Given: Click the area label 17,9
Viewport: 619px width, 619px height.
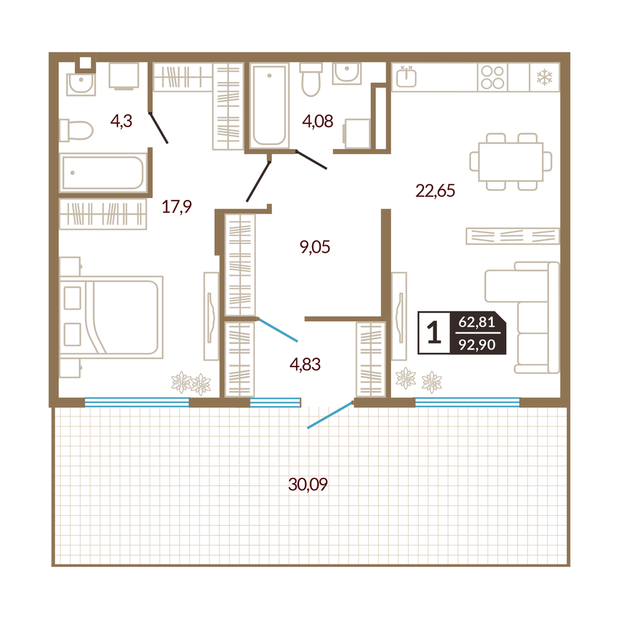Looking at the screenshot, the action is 176,207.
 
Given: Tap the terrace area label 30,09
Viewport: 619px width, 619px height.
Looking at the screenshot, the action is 308,484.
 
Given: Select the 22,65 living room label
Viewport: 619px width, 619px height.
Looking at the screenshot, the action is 435,191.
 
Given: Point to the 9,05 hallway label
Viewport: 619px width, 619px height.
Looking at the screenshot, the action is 314,247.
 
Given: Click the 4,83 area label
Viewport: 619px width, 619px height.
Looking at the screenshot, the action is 305,365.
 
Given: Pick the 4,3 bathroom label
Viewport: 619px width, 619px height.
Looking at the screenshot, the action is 121,121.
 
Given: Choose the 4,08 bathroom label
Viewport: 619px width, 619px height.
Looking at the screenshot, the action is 318,121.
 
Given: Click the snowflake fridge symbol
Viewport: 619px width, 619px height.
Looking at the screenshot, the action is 544,77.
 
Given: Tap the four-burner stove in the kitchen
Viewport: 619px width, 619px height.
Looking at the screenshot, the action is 493,77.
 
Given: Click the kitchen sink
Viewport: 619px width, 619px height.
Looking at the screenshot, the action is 406,76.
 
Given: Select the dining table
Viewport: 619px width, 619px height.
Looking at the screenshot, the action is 511,162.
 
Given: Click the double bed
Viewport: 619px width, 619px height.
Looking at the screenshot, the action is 111,318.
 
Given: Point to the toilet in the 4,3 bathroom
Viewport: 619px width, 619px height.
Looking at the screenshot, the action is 76,130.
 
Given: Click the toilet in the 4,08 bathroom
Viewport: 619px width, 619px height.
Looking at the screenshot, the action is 311,79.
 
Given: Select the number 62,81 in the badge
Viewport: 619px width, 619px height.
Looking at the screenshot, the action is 477,322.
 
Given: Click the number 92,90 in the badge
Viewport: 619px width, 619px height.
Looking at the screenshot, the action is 477,345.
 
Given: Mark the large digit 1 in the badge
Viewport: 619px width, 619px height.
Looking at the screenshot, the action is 434,332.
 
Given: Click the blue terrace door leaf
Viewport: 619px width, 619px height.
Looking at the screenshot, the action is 330,415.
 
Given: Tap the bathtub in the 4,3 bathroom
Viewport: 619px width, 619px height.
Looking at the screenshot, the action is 103,173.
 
